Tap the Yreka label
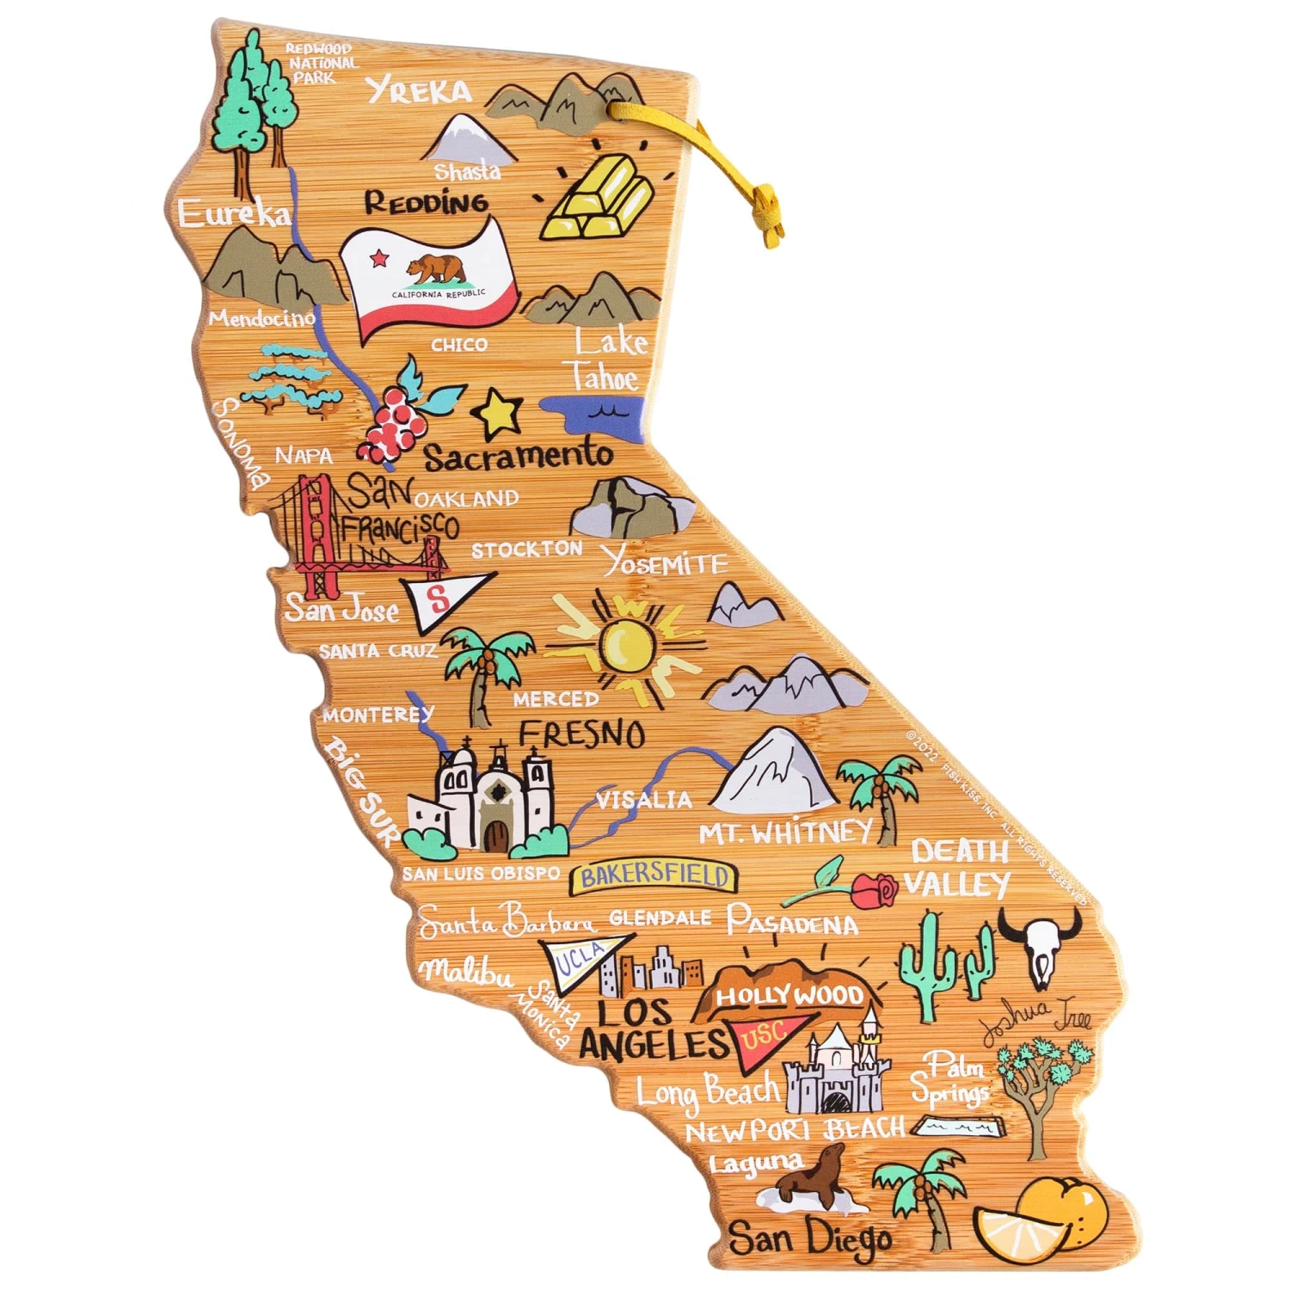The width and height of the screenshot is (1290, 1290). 419,89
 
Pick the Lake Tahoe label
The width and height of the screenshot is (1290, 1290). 607,361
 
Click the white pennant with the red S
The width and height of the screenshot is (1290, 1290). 440,599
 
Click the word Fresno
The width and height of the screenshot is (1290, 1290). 582,734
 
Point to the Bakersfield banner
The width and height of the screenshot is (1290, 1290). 654,876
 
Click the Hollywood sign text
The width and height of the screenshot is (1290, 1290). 789,996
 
